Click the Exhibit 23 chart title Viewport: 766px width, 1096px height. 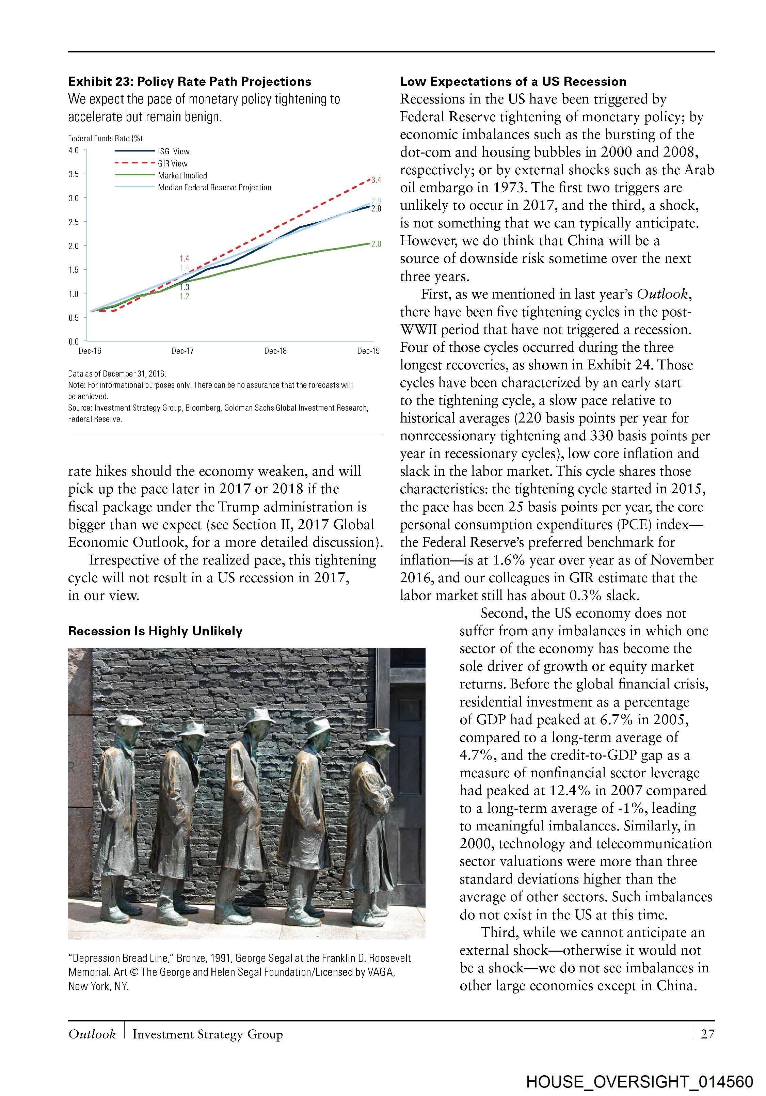[x=190, y=82]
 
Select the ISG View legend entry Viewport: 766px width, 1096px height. [x=173, y=151]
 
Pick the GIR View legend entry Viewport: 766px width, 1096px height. [x=172, y=163]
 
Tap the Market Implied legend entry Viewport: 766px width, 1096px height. [x=182, y=176]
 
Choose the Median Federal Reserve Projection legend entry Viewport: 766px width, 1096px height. [x=214, y=188]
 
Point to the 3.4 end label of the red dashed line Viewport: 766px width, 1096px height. [x=376, y=180]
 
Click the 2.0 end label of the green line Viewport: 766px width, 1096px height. [x=376, y=244]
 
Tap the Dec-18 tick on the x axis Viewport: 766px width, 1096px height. [x=275, y=351]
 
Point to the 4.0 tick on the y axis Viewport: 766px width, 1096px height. [x=74, y=150]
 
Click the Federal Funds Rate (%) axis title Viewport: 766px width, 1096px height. [x=105, y=139]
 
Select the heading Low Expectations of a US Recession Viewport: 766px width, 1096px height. [x=513, y=82]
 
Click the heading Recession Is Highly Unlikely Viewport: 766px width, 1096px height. [x=155, y=631]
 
